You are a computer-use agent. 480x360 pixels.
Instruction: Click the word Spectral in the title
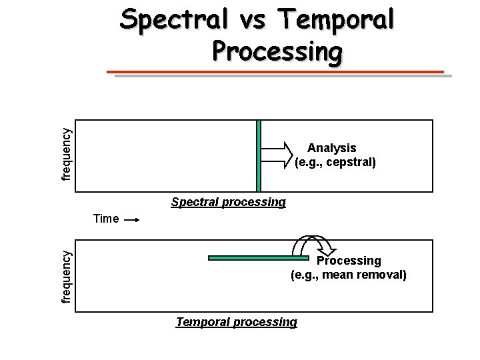click(167, 21)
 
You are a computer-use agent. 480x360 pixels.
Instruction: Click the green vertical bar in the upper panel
click(259, 155)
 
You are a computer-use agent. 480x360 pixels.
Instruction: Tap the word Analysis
click(331, 148)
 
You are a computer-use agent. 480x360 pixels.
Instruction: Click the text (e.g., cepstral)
click(335, 161)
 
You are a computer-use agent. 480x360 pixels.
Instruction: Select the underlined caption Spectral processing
click(228, 201)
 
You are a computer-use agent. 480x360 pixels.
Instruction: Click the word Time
click(107, 219)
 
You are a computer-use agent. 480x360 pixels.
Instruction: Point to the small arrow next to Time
click(131, 219)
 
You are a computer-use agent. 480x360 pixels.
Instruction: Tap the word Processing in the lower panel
click(349, 261)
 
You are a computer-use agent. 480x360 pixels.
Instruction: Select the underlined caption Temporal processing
click(236, 322)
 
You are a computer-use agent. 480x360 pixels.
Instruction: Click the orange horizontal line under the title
click(276, 72)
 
